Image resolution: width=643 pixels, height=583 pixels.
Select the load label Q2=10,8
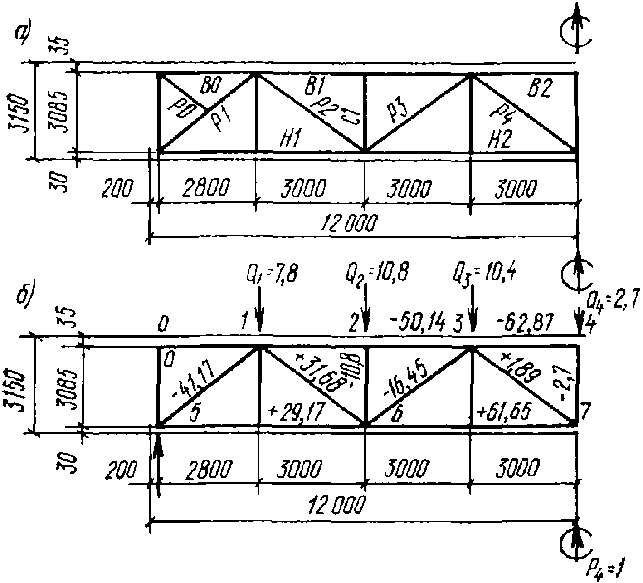click(x=377, y=274)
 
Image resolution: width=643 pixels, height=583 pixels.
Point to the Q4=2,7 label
click(x=614, y=300)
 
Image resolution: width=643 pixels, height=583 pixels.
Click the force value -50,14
click(x=416, y=325)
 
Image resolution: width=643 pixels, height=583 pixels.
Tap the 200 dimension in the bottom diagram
click(x=121, y=471)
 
